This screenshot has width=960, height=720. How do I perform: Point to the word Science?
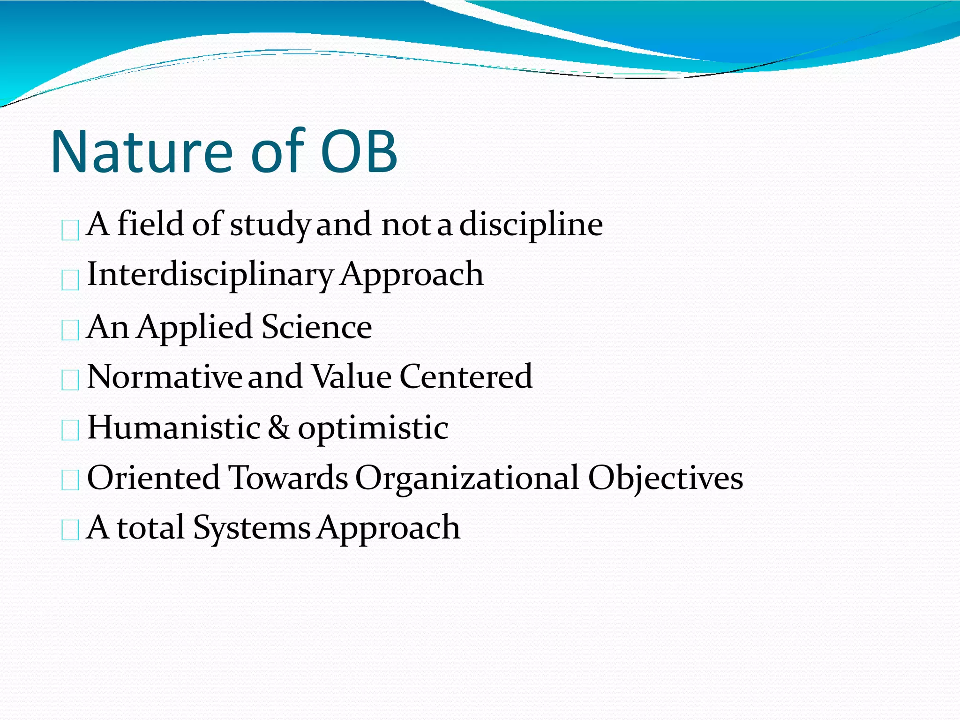coord(316,327)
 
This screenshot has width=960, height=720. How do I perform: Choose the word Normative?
coord(165,377)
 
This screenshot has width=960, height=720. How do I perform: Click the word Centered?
coord(466,377)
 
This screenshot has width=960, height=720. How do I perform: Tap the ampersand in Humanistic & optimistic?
coord(279,427)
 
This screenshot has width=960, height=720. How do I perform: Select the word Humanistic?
coord(174,427)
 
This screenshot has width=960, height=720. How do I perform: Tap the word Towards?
coord(288,478)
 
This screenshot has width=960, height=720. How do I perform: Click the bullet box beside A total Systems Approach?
coord(70,531)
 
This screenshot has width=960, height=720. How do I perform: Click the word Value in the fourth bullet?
coord(352,377)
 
